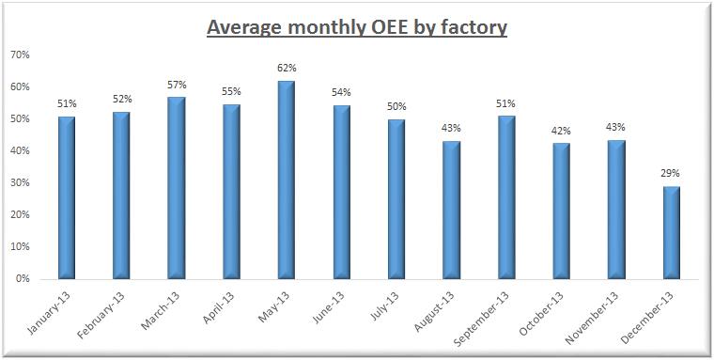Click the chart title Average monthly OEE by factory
(x=356, y=26)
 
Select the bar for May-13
(x=287, y=180)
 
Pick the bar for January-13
(x=67, y=197)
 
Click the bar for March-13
(x=177, y=188)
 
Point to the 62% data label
(x=287, y=68)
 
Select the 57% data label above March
(x=177, y=85)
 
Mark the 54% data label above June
(x=342, y=92)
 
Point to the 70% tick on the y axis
(x=21, y=55)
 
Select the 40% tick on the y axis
(x=21, y=151)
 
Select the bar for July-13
(x=396, y=199)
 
